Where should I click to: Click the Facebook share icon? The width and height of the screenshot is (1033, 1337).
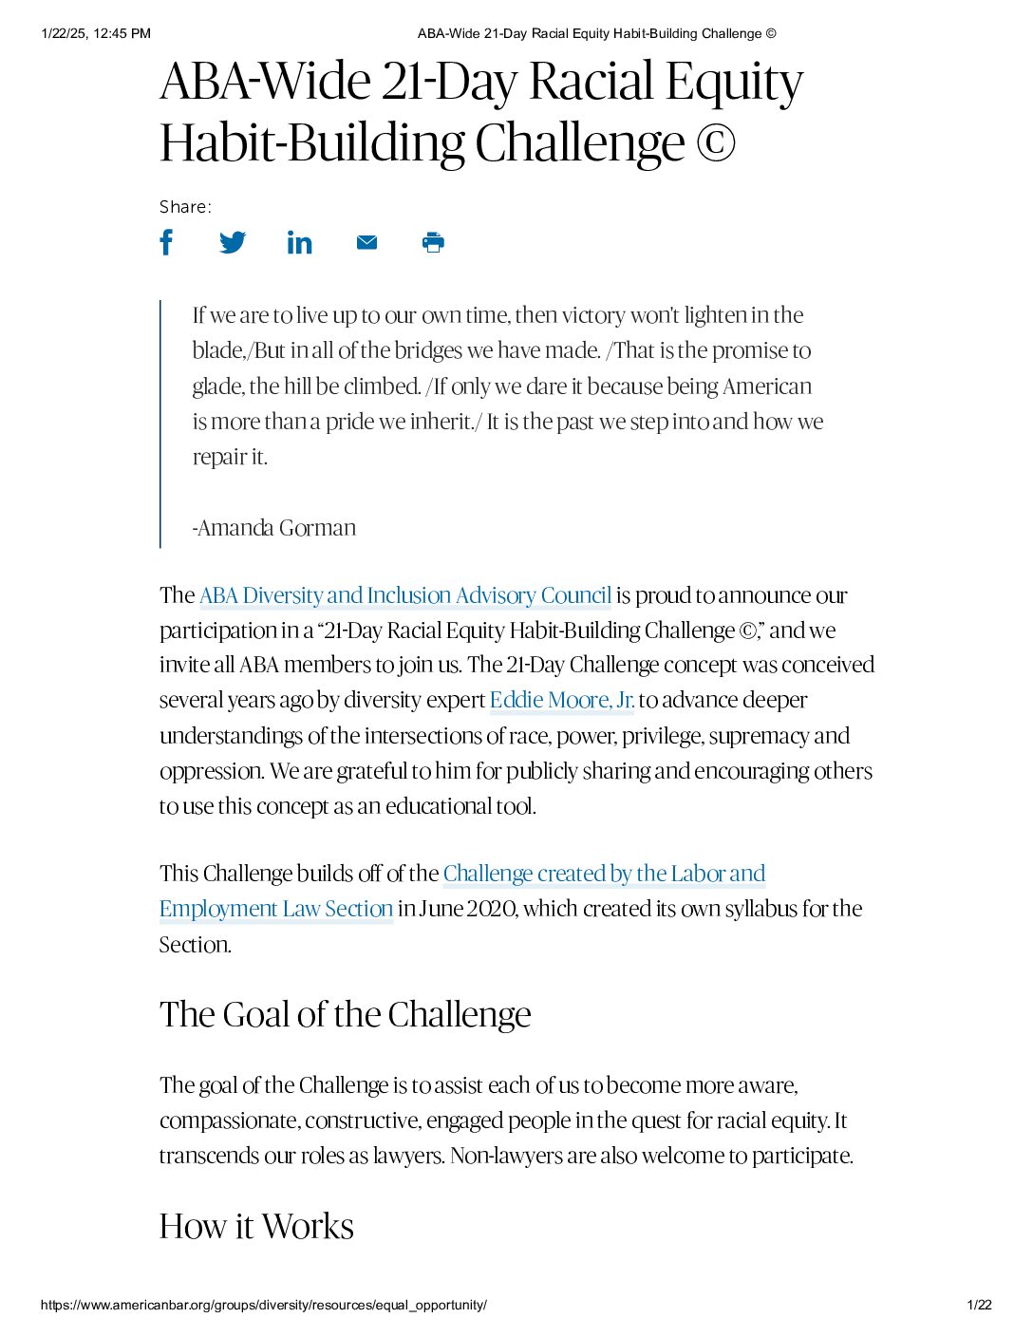click(166, 242)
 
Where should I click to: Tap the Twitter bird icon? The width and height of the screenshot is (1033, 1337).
click(233, 242)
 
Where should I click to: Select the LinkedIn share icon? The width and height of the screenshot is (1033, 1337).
click(299, 243)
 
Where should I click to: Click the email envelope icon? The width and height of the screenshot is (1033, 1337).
click(366, 242)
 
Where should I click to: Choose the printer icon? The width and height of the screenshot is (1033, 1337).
click(433, 242)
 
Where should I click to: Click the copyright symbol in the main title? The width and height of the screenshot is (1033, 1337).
click(715, 143)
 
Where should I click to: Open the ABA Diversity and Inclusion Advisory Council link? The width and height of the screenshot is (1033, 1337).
click(405, 595)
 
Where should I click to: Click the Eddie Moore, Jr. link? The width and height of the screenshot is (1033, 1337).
click(561, 701)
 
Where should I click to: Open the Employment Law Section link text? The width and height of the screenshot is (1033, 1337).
click(276, 909)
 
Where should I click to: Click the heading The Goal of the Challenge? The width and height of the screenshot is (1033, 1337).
click(345, 1014)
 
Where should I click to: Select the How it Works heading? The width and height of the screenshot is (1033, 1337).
click(256, 1226)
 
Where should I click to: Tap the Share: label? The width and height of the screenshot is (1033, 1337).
click(185, 207)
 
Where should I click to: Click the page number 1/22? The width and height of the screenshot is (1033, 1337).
click(979, 1305)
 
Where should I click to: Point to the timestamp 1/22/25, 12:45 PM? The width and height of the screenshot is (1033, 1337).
click(96, 33)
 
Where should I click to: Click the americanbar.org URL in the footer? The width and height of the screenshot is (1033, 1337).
click(264, 1305)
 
